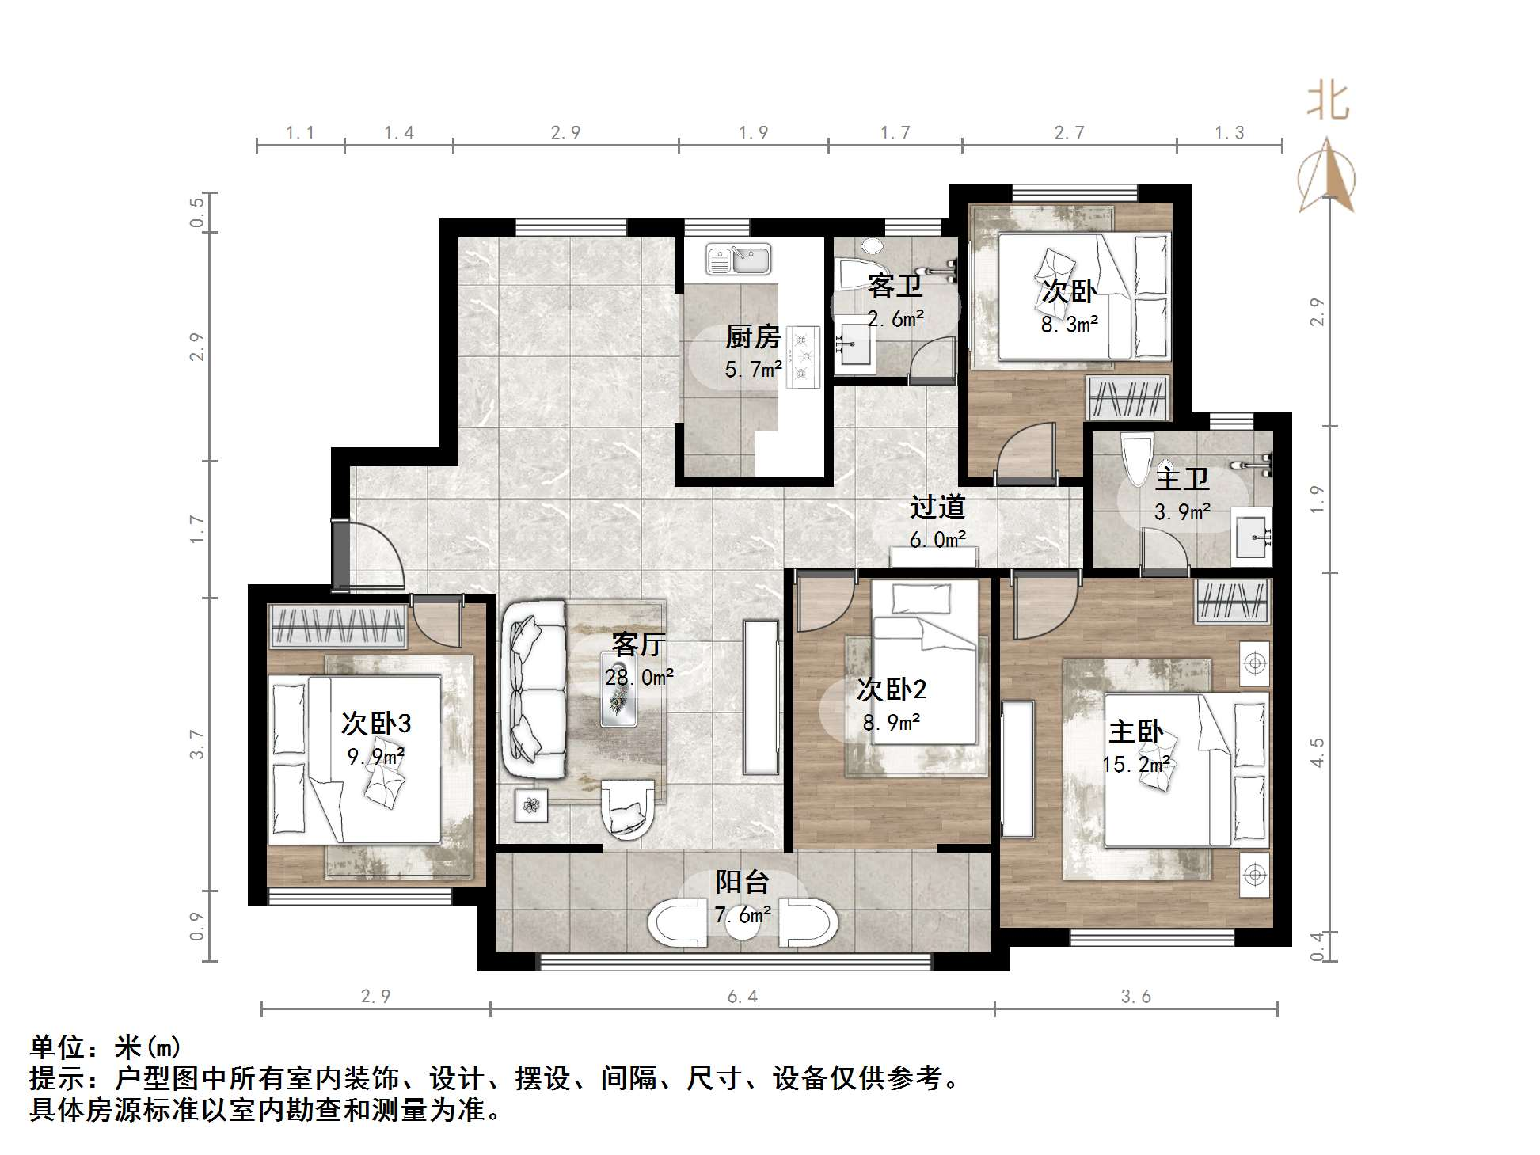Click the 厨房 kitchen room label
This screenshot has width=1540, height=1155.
[752, 337]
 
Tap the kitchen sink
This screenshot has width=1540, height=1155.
[738, 259]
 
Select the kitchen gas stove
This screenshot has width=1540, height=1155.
[803, 357]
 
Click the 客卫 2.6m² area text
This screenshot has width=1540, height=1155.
[895, 319]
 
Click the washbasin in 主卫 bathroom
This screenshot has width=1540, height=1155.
[1252, 538]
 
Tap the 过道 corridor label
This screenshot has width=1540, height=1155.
[937, 507]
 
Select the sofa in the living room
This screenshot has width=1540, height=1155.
[533, 689]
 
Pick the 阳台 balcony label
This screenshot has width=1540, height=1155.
[742, 882]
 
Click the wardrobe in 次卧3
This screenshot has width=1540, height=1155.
[338, 625]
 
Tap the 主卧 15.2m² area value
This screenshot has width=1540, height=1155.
[1136, 765]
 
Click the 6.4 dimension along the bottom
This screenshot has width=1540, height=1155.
[743, 997]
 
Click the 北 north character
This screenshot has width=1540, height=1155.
[1327, 102]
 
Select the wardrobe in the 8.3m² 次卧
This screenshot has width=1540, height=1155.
[1127, 398]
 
